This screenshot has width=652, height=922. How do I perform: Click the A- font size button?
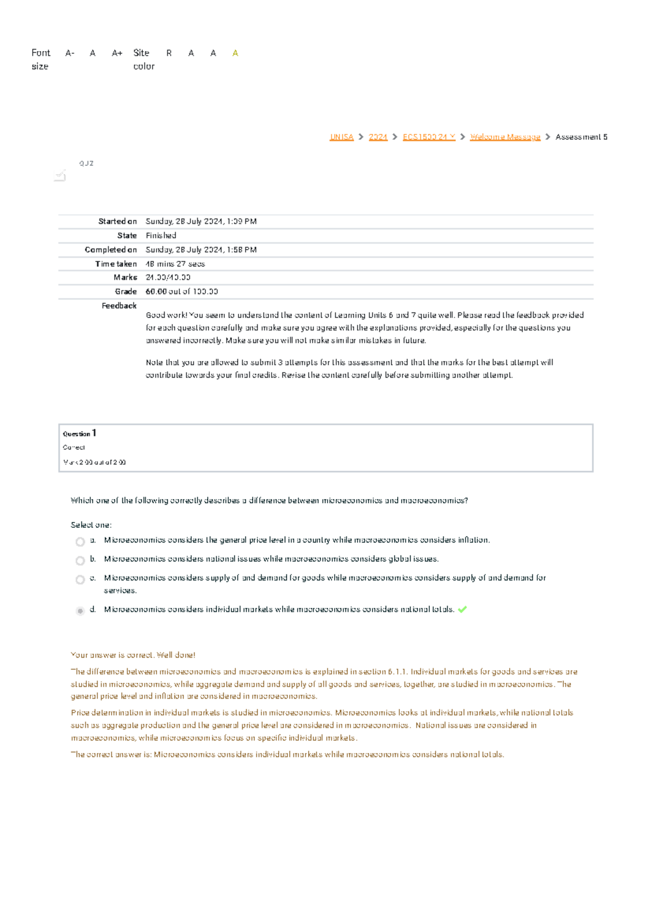pos(70,53)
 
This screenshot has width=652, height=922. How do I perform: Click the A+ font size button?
pos(117,53)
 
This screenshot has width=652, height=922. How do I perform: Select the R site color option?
pos(169,53)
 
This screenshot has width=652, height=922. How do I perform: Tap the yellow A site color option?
pos(235,53)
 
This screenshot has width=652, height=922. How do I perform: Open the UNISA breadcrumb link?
pos(341,137)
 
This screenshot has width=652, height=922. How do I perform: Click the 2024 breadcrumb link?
pos(378,137)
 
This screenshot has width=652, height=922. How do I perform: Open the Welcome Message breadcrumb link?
pos(505,137)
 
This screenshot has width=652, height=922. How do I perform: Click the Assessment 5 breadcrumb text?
pos(581,137)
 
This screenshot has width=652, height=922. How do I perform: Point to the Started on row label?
pos(117,221)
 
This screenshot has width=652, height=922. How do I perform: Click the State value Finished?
pos(161,235)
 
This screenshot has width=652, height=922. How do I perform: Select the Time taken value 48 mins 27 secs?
pos(175,264)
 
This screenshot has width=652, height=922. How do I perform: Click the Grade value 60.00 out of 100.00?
pos(181,291)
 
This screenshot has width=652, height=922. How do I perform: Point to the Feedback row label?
pos(119,306)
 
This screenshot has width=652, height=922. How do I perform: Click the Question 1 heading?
pos(79,433)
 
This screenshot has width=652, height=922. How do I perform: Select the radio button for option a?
pos(80,541)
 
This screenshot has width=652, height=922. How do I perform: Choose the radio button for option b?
pos(80,560)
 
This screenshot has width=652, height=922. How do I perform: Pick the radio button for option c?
pos(80,580)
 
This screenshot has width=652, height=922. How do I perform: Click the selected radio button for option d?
pos(80,611)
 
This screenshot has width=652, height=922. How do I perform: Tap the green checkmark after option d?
pos(462,609)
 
